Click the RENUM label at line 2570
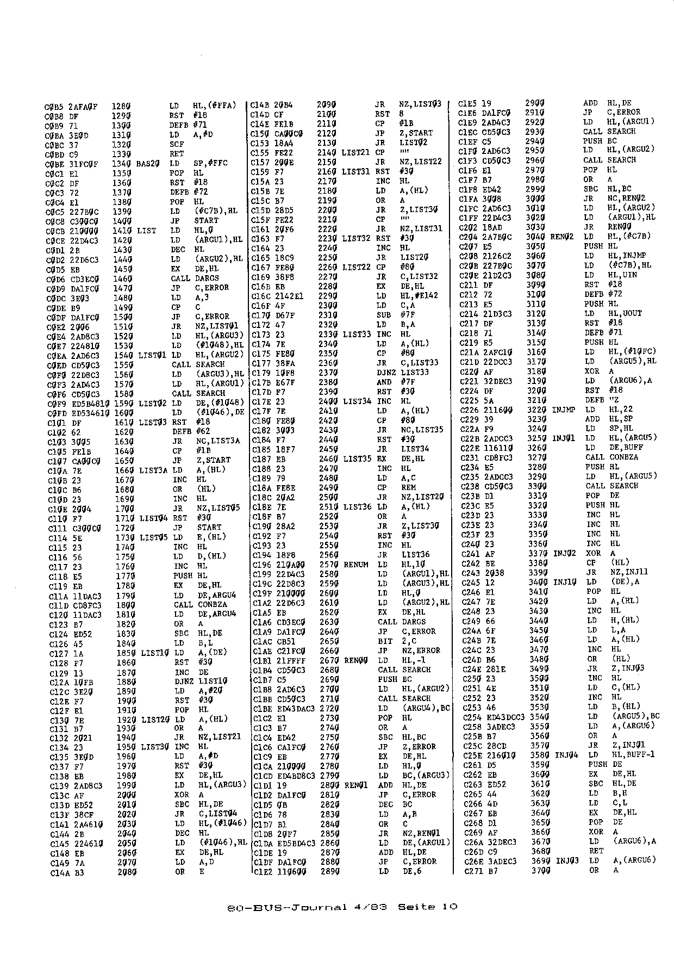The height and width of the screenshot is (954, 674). click(x=356, y=565)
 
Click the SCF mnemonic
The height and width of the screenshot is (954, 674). click(x=176, y=144)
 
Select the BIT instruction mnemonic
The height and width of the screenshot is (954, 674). click(x=384, y=641)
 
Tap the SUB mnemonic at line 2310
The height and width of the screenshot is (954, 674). click(x=382, y=315)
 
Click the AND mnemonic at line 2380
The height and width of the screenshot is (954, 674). click(x=384, y=382)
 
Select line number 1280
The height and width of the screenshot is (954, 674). click(x=123, y=106)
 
